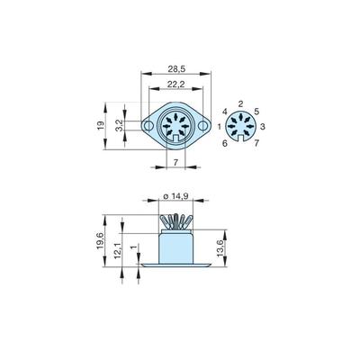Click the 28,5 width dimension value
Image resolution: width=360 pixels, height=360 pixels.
(x=176, y=69)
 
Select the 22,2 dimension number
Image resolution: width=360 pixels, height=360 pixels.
(x=175, y=85)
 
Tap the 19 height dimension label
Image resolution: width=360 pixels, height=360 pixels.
(x=101, y=125)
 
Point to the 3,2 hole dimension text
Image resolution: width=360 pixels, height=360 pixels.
(x=119, y=125)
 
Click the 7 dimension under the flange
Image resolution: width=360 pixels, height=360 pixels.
(x=176, y=162)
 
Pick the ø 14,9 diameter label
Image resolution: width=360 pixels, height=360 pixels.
(x=175, y=196)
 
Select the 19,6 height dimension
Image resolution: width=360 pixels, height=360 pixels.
(x=100, y=240)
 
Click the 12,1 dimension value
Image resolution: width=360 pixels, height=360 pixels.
(x=117, y=250)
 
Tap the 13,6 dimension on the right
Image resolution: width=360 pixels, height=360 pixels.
(x=221, y=248)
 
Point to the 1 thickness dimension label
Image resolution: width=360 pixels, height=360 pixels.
(x=134, y=247)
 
